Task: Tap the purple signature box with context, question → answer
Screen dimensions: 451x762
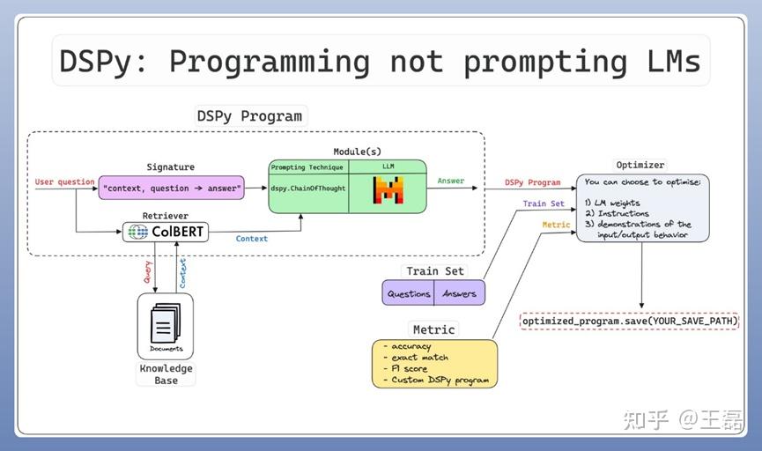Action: click(x=171, y=188)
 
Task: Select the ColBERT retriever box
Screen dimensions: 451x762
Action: click(x=166, y=233)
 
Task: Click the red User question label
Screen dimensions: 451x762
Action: click(x=64, y=182)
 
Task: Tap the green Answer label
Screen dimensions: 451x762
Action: click(x=451, y=181)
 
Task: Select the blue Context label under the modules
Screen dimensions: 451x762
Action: click(x=252, y=239)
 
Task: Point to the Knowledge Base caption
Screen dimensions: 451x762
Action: click(x=166, y=374)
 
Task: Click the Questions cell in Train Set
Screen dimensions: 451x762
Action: click(x=409, y=293)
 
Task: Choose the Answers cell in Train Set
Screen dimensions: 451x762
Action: click(x=459, y=293)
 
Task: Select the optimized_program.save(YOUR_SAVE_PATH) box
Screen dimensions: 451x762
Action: click(x=629, y=322)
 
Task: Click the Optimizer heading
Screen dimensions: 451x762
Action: click(x=640, y=165)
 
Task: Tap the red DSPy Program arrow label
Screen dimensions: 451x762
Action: click(x=532, y=182)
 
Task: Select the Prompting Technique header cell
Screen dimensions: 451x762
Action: click(x=308, y=167)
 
